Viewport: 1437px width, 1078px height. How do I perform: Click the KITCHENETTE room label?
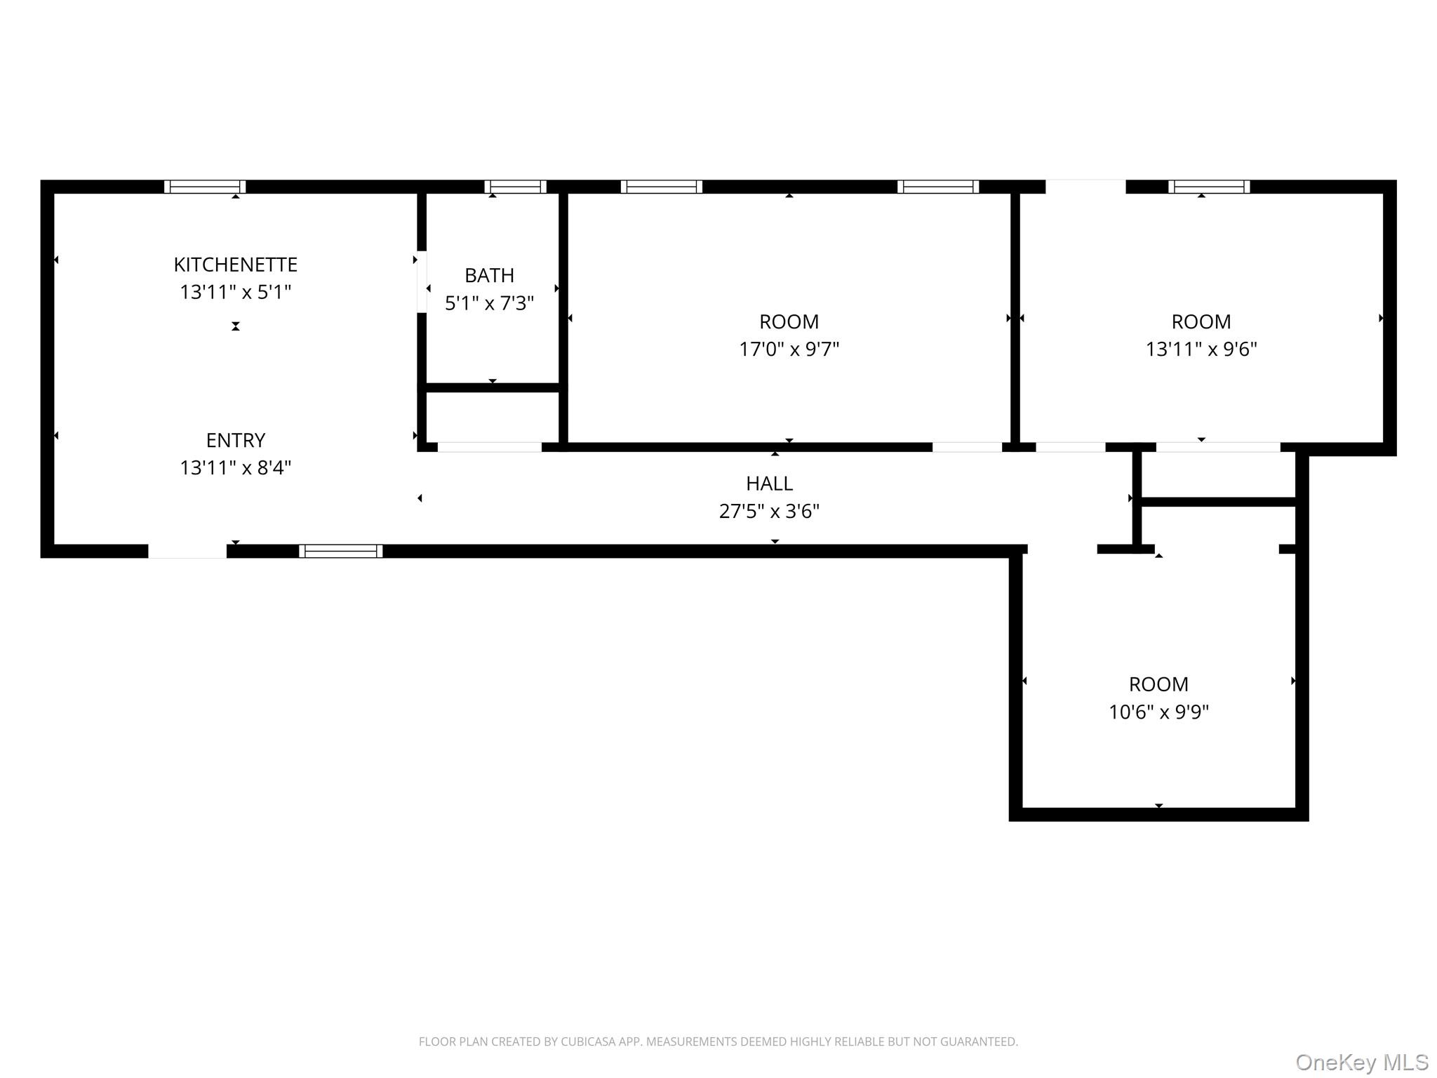[236, 265]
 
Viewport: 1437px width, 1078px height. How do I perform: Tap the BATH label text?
[489, 275]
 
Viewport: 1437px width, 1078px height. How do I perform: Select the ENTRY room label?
[236, 440]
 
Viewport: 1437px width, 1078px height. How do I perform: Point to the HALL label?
[769, 484]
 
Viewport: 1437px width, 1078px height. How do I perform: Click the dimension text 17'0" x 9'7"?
[789, 349]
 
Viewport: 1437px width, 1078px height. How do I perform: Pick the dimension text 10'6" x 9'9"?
[1158, 712]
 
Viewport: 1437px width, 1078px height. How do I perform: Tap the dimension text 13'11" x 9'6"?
[1201, 349]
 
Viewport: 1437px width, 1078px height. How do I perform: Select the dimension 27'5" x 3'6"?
[769, 511]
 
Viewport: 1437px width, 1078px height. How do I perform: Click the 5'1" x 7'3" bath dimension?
[489, 303]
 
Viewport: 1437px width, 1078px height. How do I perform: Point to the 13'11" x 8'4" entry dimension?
[236, 467]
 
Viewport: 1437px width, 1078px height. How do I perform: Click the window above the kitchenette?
[205, 187]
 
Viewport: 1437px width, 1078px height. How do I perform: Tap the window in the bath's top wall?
[515, 187]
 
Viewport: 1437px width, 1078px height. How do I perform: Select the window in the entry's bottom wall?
[341, 551]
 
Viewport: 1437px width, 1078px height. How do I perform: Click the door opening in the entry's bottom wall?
[187, 551]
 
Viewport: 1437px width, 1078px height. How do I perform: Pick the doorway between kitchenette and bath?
[422, 282]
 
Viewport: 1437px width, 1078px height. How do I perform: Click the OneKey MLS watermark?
[1362, 1063]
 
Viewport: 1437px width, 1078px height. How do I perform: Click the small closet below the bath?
[493, 418]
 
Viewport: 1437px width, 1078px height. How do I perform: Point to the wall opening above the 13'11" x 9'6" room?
[1085, 187]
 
